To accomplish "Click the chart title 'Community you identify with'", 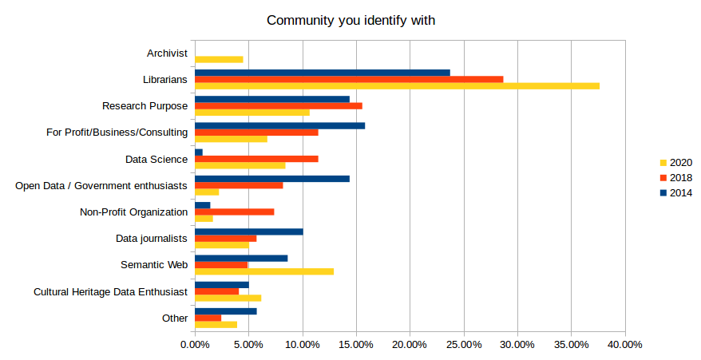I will pos(350,20).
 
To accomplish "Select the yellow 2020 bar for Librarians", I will pos(397,86).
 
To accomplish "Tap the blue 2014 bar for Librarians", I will pos(323,73).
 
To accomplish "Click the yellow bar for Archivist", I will pos(219,59).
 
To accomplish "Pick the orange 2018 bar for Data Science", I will pos(256,159).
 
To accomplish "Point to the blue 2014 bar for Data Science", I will pos(199,152).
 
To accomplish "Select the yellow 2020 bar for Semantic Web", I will pos(264,271).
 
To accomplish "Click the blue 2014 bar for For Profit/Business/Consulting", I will pos(279,125).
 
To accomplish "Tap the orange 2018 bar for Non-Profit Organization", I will pos(235,212).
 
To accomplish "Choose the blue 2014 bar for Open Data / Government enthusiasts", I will pos(272,179).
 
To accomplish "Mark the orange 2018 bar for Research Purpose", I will pos(279,105).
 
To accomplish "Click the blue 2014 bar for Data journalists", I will pos(249,231).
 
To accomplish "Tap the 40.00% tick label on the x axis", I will pos(625,345).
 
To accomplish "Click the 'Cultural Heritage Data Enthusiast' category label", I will pos(110,291).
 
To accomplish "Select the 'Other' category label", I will pos(175,318).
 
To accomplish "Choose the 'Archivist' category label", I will pos(167,53).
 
